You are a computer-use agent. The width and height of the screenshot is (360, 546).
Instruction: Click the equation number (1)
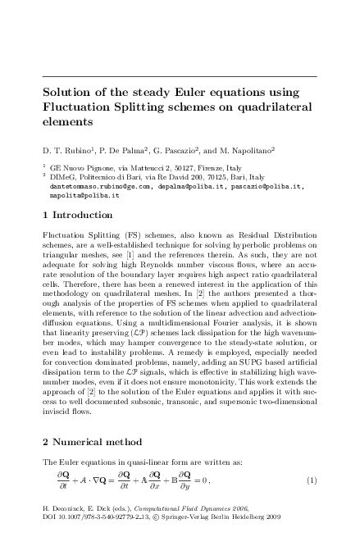pyautogui.click(x=312, y=478)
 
